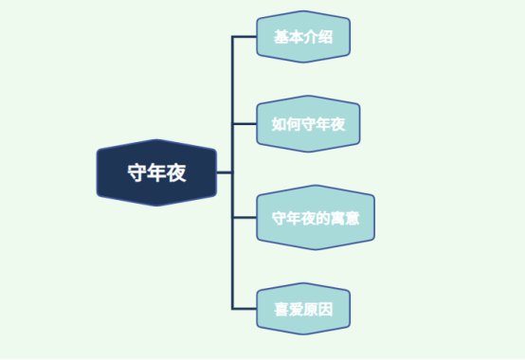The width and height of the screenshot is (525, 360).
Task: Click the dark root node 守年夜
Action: [x=156, y=172]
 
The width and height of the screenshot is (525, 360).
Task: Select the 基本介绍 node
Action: [x=303, y=37]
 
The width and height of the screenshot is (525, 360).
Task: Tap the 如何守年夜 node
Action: [x=310, y=123]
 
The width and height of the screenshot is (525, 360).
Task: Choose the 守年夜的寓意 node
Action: [x=316, y=218]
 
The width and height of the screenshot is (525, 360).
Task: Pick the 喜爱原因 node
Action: [x=303, y=308]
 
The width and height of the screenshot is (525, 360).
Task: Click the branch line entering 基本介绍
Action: [x=244, y=37]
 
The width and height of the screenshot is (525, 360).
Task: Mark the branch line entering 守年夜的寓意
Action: [x=244, y=218]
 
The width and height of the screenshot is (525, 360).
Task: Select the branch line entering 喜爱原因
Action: [x=244, y=308]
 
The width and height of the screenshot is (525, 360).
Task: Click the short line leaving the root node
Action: [x=224, y=172]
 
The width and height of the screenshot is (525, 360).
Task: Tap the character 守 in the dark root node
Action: [x=137, y=172]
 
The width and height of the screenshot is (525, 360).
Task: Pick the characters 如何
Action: [x=285, y=123]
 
